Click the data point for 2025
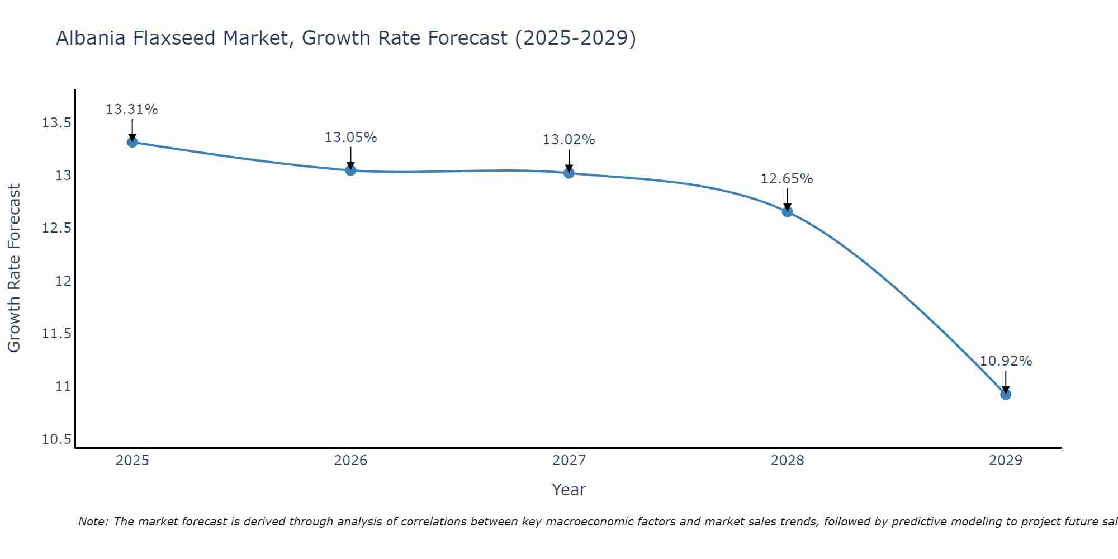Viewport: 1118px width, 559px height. (x=132, y=142)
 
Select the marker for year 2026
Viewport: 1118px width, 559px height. (x=350, y=170)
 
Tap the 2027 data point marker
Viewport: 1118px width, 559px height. (x=569, y=173)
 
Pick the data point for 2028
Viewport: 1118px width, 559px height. (x=787, y=212)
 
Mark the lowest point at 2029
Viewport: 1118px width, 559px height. (x=1006, y=394)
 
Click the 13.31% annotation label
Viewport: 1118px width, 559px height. (x=132, y=110)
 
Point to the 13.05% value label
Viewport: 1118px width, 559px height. (x=351, y=138)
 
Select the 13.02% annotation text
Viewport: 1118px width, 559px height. (x=569, y=140)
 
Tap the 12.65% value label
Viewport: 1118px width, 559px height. (x=787, y=179)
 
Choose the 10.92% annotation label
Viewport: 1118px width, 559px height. (x=1006, y=361)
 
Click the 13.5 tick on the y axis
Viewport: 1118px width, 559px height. (x=56, y=123)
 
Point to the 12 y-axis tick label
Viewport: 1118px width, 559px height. (x=63, y=281)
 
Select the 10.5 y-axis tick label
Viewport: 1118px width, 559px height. (x=56, y=439)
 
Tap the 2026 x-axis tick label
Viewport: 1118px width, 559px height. (x=350, y=461)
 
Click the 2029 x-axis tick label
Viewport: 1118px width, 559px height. (x=1006, y=461)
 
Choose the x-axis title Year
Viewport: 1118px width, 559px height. (x=569, y=490)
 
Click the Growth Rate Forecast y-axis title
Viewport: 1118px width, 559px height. (x=14, y=268)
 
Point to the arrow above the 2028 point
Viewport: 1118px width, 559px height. (x=787, y=200)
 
